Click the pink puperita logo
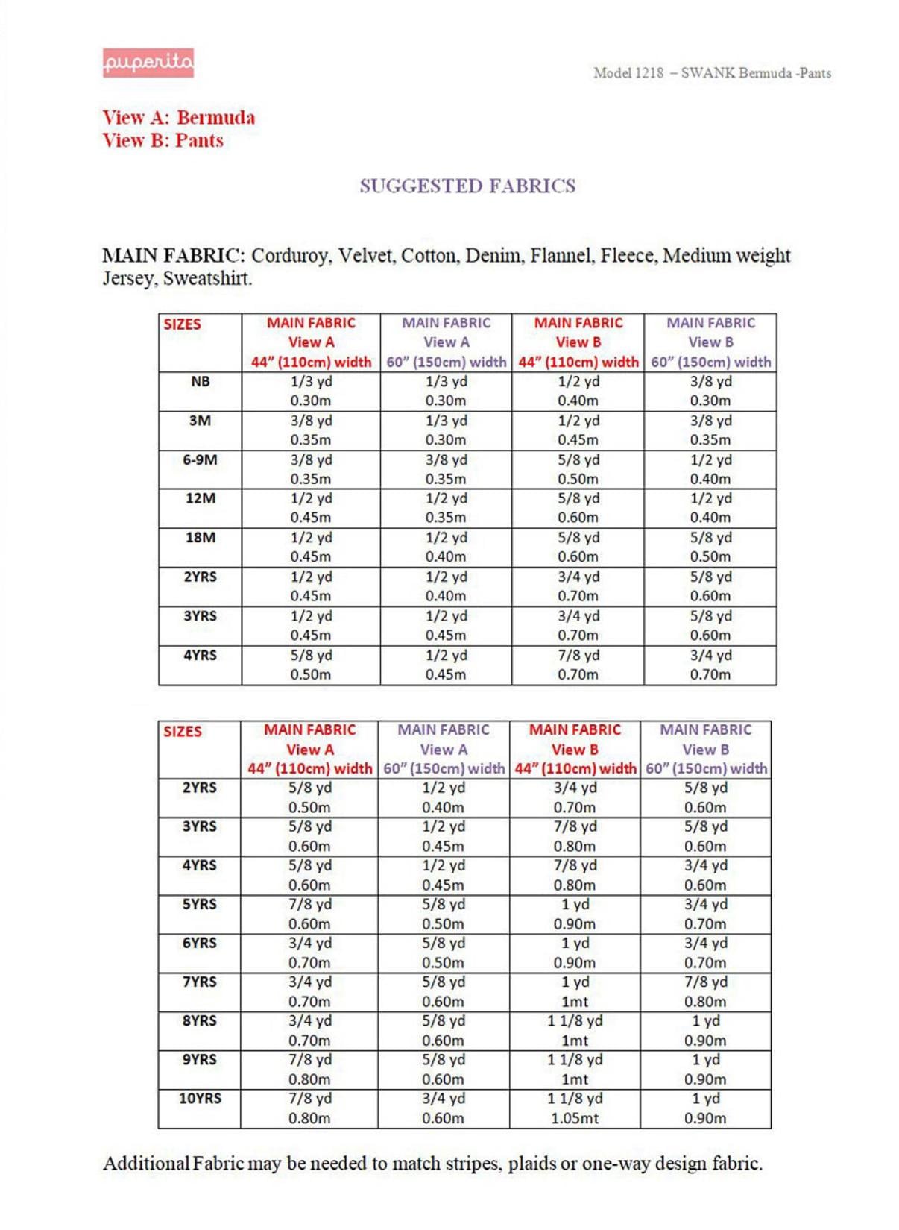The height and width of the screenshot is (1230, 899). coord(148,63)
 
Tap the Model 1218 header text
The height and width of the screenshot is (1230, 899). coord(711,73)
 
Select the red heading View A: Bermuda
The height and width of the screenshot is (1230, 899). coord(179,118)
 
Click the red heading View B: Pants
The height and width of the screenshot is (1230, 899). coord(163,141)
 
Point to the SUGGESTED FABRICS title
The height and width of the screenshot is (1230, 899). coord(467,186)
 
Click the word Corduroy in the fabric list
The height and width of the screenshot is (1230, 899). coord(290,256)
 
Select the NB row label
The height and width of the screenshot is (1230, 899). coord(200,382)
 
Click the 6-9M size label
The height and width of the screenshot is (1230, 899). coord(200,460)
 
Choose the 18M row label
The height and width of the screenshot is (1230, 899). coord(200,538)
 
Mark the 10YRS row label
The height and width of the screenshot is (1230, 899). coord(200,1099)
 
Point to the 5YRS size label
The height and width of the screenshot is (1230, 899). coord(200,904)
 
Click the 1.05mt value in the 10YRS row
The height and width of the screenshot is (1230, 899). coord(575,1118)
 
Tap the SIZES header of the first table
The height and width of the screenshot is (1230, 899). coord(183,324)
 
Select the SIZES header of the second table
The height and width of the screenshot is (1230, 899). coord(183,732)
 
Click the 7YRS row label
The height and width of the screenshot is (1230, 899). coord(200,982)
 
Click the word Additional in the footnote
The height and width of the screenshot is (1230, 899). coord(146,1164)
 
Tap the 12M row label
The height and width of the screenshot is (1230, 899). coord(200,498)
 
